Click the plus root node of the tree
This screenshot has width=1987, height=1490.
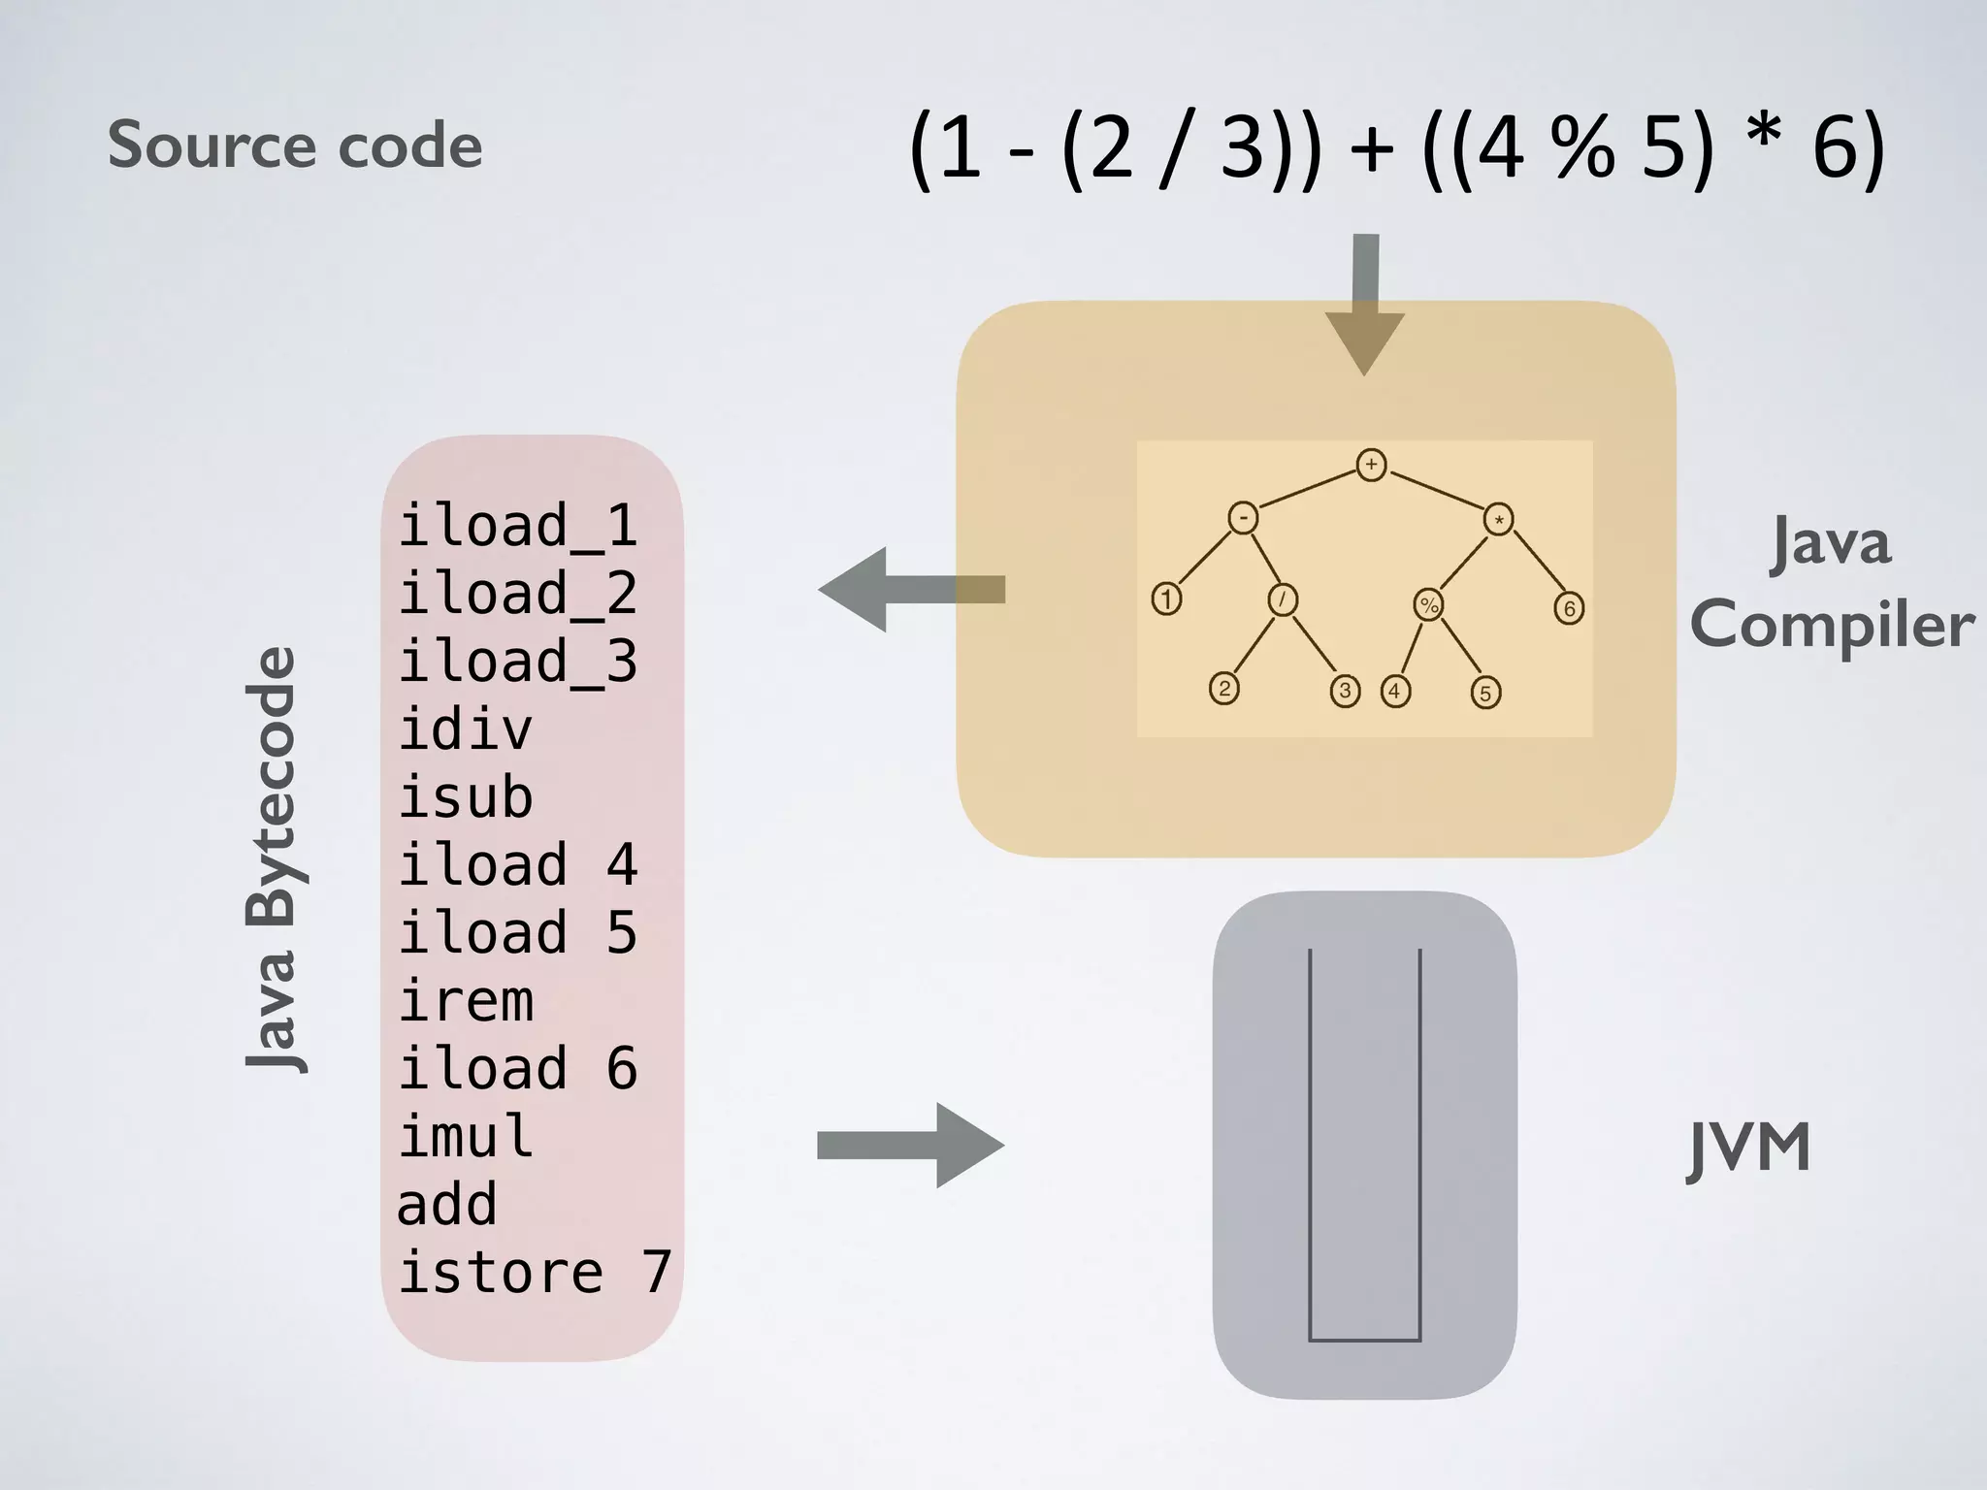point(1370,465)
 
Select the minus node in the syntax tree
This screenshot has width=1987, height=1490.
point(1243,518)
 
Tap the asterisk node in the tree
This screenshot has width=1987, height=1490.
point(1499,520)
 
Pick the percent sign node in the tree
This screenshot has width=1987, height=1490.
point(1428,605)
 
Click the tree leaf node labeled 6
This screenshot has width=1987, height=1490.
point(1569,609)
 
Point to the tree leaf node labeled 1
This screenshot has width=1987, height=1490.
point(1166,599)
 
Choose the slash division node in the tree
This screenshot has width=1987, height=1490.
point(1283,600)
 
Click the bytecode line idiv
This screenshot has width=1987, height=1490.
point(466,729)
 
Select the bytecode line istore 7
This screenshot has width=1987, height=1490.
point(535,1273)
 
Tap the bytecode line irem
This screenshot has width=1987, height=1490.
point(466,1001)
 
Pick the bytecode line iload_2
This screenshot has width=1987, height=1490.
point(517,594)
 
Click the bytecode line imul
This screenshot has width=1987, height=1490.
point(466,1137)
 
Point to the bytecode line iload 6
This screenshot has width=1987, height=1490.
point(517,1069)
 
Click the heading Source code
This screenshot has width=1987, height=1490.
point(294,146)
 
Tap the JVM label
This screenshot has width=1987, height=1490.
point(1749,1149)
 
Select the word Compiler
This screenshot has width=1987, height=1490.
point(1832,625)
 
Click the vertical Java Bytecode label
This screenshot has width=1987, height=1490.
point(271,859)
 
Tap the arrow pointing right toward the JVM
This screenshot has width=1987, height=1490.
point(912,1146)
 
